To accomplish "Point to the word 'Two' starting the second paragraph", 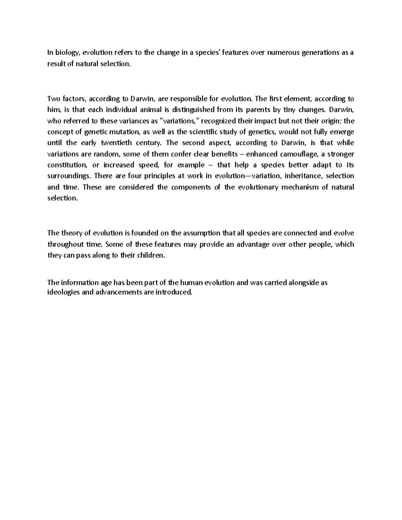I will (x=53, y=99).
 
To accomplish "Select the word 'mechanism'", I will (x=300, y=187).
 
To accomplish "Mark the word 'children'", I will (x=152, y=255).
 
